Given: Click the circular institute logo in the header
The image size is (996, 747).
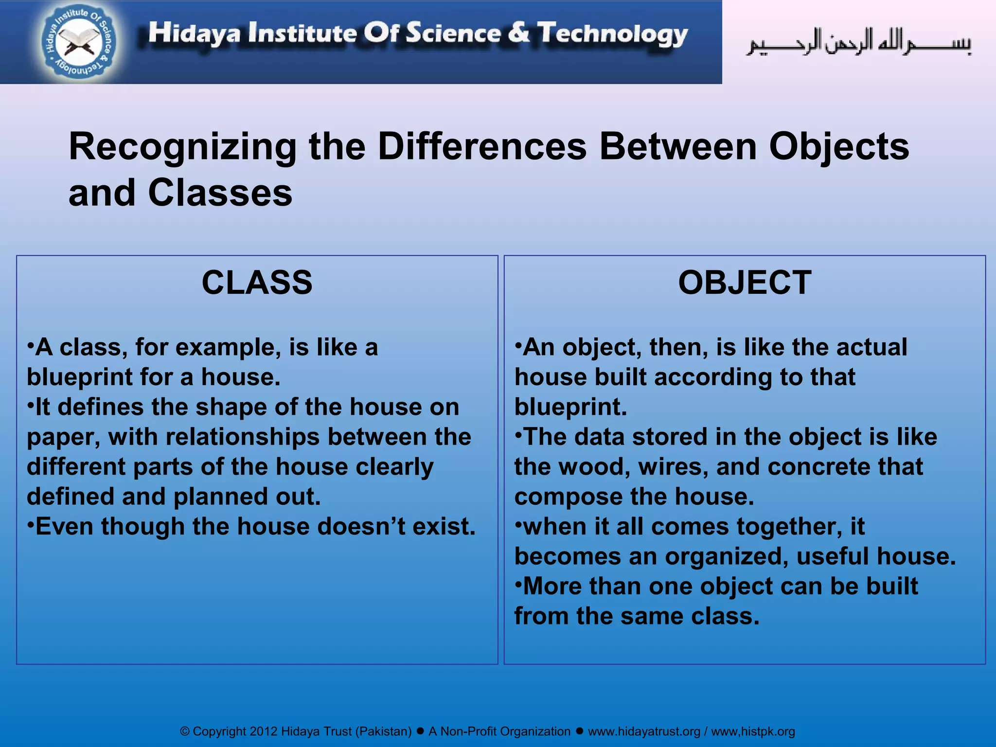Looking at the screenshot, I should [x=79, y=43].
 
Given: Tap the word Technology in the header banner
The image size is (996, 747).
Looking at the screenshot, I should [x=612, y=34].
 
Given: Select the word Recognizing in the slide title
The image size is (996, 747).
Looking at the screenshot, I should [x=182, y=147].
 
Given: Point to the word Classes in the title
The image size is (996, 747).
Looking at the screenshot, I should [x=220, y=193].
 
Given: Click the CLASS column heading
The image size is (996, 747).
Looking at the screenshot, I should [x=257, y=283].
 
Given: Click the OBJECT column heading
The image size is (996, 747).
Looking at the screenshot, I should [x=745, y=283].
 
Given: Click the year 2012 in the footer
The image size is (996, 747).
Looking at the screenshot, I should [x=263, y=731].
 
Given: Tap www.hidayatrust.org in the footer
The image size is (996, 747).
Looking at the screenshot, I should [x=644, y=731].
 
